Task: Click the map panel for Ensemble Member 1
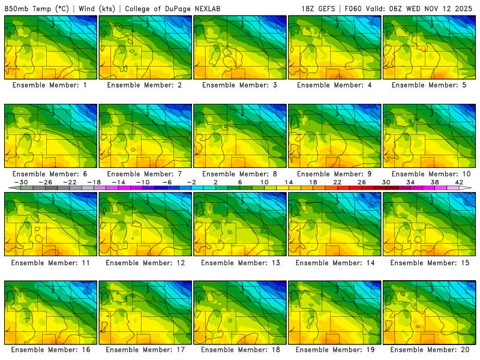(x=50, y=47)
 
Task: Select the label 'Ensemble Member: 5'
(x=430, y=85)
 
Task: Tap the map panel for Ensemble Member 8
(x=240, y=136)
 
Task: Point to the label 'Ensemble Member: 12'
(x=145, y=262)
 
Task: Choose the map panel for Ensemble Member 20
(x=430, y=313)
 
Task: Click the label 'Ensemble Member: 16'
(x=50, y=349)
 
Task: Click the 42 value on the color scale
(x=459, y=182)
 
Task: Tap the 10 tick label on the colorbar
(x=264, y=182)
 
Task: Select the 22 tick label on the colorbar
(x=337, y=182)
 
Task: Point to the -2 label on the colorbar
(x=191, y=182)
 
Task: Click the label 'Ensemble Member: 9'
(x=335, y=173)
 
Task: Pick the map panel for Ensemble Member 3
(x=240, y=47)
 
